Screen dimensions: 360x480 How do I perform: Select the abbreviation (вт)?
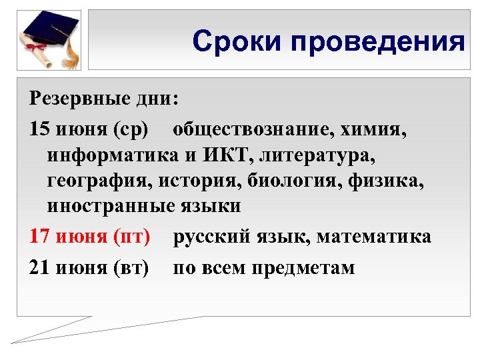pos(133,267)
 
